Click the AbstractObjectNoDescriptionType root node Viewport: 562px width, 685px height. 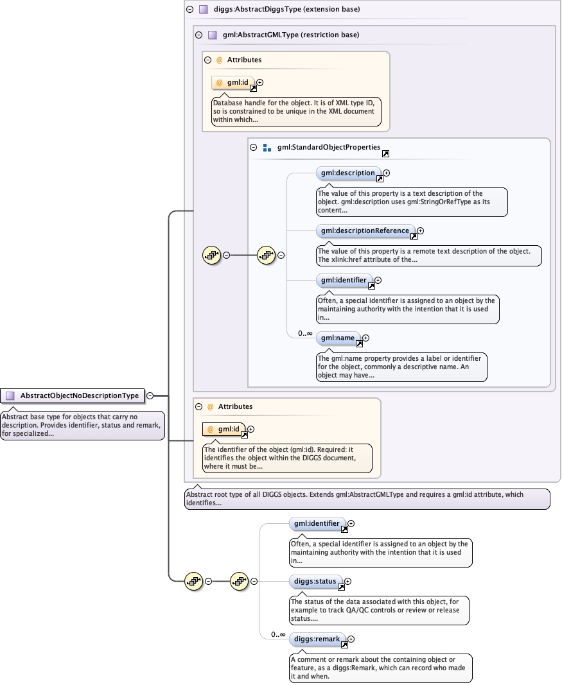pos(72,396)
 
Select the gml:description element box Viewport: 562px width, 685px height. pos(348,173)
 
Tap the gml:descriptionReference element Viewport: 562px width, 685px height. pos(365,230)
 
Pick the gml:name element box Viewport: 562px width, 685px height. pos(338,338)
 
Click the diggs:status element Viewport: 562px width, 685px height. pos(315,582)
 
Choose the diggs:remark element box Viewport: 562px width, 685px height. pos(317,639)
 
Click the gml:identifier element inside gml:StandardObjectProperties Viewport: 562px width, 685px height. pos(344,281)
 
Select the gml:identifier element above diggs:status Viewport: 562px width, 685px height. pos(317,524)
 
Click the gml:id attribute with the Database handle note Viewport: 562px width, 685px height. pos(233,83)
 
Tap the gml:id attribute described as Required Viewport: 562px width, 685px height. pos(224,429)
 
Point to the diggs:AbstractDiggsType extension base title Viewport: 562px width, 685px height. pos(286,9)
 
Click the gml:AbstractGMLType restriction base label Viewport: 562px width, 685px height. pos(291,35)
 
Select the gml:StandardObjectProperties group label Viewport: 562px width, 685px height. pos(329,147)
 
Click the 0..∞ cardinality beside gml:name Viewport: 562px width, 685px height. pos(305,334)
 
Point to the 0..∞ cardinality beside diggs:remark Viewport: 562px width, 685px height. pos(278,635)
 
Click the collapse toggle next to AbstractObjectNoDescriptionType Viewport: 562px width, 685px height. pos(150,396)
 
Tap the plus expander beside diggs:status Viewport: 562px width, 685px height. pos(348,582)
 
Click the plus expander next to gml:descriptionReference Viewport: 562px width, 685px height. pos(421,230)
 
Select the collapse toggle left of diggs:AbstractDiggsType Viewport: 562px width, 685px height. pos(189,9)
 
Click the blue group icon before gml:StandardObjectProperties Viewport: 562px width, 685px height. pos(267,148)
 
